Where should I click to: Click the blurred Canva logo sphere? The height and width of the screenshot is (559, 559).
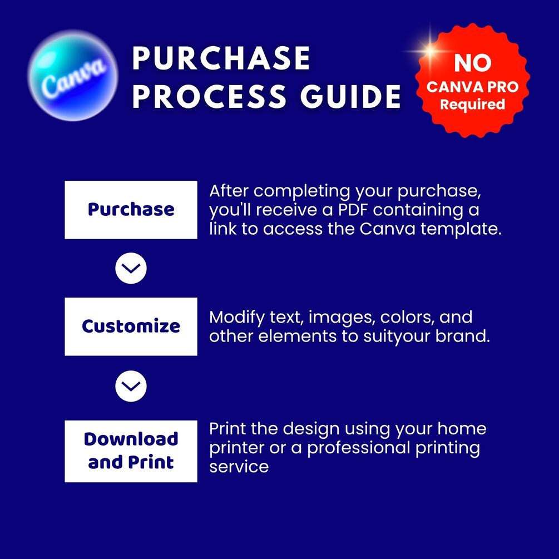[73, 75]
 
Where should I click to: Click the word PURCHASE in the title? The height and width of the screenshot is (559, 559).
[221, 58]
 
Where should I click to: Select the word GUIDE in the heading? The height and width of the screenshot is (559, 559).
[350, 96]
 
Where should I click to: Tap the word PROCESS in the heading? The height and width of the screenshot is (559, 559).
[209, 96]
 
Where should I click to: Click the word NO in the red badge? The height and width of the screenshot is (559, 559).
[473, 63]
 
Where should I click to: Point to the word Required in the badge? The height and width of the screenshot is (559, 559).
[472, 105]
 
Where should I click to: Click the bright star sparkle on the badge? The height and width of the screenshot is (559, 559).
[431, 51]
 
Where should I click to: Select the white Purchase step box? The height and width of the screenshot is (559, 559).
[131, 210]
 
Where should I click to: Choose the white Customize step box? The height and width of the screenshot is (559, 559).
[131, 327]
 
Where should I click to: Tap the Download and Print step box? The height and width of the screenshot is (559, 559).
[131, 451]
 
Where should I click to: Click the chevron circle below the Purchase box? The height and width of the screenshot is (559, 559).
[131, 268]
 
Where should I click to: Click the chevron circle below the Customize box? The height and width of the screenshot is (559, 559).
[131, 386]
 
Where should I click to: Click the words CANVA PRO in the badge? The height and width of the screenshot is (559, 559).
[472, 87]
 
